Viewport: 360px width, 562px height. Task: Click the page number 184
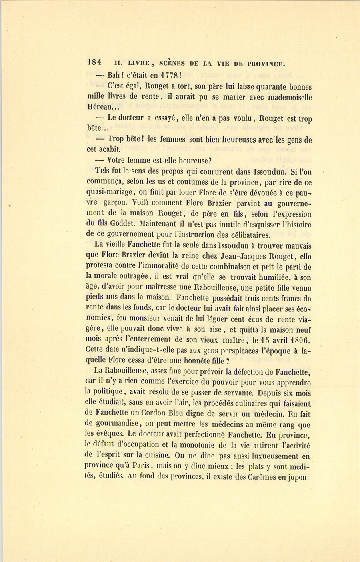[x=94, y=62]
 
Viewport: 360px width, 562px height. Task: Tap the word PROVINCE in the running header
[x=266, y=63]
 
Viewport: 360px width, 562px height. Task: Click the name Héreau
[x=100, y=108]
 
